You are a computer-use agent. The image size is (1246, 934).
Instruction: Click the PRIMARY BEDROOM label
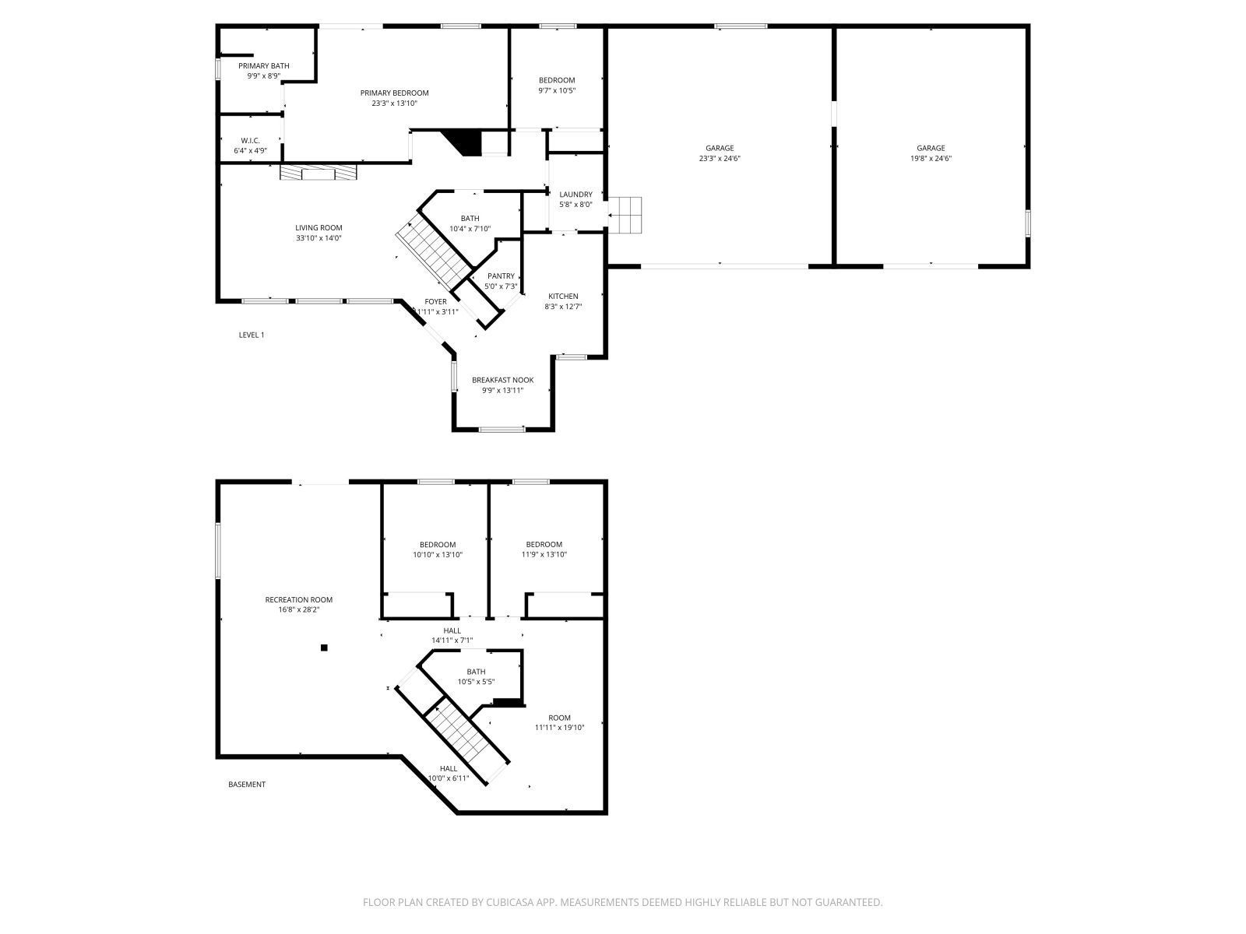[x=394, y=93]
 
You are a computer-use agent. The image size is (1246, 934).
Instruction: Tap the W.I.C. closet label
[x=250, y=141]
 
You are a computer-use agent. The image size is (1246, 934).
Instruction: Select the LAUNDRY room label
[x=575, y=195]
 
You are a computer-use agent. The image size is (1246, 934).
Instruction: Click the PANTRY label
[x=501, y=276]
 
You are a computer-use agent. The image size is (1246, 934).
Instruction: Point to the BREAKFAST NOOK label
[x=502, y=381]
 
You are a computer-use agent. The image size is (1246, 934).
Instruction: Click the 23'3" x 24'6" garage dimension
[x=720, y=159]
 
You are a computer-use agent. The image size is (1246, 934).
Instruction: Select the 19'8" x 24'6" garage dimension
[x=931, y=159]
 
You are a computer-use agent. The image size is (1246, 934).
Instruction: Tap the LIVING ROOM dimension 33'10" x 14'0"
[x=319, y=238]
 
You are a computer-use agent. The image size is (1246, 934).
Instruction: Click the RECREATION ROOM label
[x=298, y=599]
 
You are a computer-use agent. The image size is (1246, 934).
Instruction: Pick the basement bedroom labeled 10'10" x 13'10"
[x=438, y=555]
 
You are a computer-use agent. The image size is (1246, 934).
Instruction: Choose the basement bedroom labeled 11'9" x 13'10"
[x=544, y=555]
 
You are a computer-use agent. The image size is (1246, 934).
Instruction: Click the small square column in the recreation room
[x=325, y=648]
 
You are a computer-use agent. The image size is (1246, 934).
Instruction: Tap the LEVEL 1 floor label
[x=251, y=335]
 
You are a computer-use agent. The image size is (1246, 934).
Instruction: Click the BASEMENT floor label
[x=246, y=785]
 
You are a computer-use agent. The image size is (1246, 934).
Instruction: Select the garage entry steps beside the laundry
[x=625, y=215]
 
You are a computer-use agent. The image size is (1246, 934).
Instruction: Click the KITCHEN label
[x=563, y=297]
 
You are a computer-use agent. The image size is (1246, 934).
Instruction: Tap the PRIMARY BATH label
[x=263, y=66]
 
